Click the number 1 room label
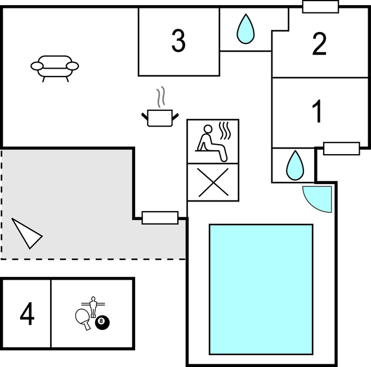pos(318,111)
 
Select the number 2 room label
pos(319,44)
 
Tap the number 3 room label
pos(178,41)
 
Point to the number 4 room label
pos(27,314)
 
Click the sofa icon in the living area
pos(55,66)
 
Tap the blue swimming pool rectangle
pos(261,289)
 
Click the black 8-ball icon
pos(102,323)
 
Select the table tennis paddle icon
pos(82,318)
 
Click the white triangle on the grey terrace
pos(25,233)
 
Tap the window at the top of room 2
pos(320,7)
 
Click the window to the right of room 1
pos(342,149)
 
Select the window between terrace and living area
pos(160,217)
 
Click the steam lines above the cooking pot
pos(162,97)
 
